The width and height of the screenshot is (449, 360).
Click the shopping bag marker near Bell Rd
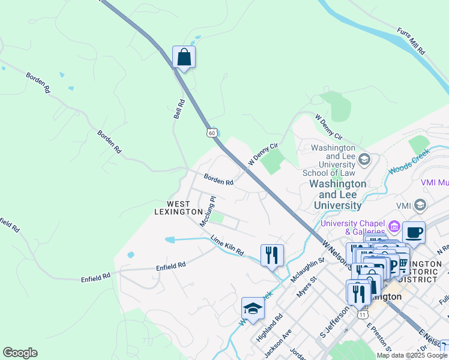(x=184, y=58)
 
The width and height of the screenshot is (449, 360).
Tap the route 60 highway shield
(x=211, y=132)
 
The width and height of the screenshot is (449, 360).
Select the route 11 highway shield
(x=362, y=314)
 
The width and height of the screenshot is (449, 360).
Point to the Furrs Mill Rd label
(x=411, y=40)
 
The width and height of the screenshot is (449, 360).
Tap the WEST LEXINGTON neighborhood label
(x=178, y=208)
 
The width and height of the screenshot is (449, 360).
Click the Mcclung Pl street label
(x=207, y=211)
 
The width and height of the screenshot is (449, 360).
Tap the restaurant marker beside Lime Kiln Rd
(x=272, y=256)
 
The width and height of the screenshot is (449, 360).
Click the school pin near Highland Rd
(x=253, y=308)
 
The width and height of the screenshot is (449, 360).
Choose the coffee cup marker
(x=413, y=232)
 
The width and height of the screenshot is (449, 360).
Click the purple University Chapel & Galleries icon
(x=394, y=226)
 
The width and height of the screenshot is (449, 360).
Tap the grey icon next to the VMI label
(x=420, y=205)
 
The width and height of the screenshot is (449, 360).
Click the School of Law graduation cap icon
(x=364, y=159)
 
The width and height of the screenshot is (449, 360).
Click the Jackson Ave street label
(x=279, y=340)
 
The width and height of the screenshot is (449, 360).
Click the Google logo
(x=20, y=353)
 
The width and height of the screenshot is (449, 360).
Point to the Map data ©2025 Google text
(x=412, y=355)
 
